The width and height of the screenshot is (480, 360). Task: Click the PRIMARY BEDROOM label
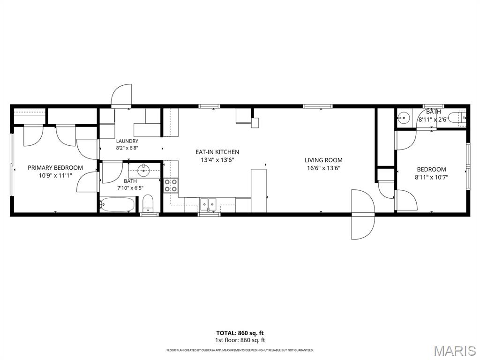55,168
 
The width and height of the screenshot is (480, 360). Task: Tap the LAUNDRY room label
127,141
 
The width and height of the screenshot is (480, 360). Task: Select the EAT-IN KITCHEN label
217,152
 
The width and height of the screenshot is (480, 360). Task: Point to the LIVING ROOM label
323,160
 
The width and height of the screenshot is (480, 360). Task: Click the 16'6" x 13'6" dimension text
323,168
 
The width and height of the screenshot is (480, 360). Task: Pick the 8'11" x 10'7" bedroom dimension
431,177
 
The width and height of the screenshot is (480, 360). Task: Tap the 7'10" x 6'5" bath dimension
130,188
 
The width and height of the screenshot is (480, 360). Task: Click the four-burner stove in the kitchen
171,186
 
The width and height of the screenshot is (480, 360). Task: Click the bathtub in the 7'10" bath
117,204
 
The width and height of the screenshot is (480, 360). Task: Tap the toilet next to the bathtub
148,203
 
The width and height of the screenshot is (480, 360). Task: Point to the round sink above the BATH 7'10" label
142,170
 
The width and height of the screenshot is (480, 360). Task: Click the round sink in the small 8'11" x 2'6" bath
404,117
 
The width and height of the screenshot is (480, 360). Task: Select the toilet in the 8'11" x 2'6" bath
457,118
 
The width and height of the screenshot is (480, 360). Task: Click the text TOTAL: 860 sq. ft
240,333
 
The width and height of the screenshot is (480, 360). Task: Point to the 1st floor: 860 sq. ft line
240,340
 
